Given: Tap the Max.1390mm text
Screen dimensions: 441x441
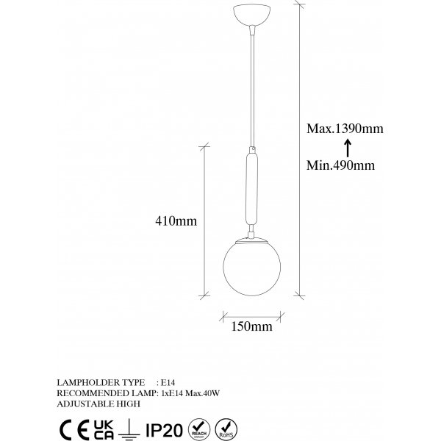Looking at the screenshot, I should pos(345,129).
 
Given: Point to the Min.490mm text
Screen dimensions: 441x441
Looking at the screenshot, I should pos(340,165).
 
